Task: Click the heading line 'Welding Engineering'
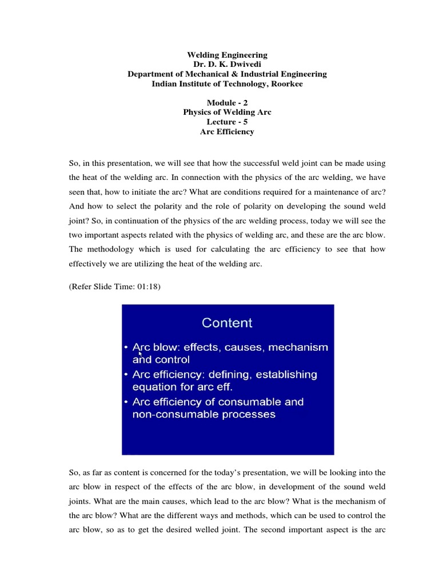pos(227,55)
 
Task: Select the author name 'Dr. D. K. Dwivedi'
pos(227,65)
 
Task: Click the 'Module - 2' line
pos(227,103)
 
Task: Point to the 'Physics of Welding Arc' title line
pos(227,113)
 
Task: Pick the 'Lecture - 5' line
pos(227,122)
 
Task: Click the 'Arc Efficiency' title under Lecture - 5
pos(227,132)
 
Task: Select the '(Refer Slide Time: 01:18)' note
pos(115,287)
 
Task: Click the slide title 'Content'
pos(227,323)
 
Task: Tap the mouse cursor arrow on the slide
pos(140,354)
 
